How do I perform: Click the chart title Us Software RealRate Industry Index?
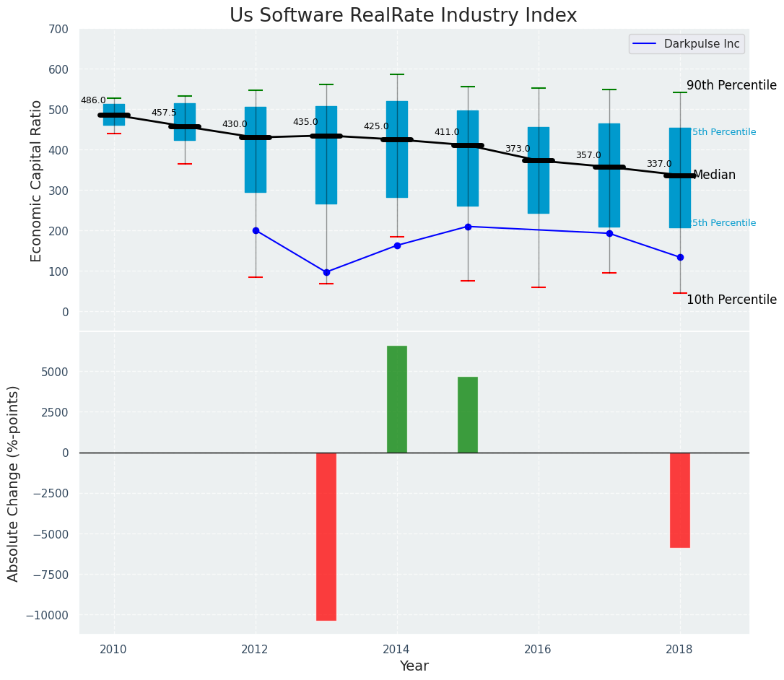(x=403, y=16)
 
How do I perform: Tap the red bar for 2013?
(x=326, y=536)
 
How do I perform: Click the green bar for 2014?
(x=397, y=399)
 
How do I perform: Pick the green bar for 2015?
(x=468, y=415)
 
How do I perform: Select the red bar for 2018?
(x=680, y=500)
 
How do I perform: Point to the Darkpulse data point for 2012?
(x=256, y=230)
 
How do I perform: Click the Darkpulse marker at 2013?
(x=326, y=272)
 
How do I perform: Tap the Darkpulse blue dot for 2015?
(x=468, y=227)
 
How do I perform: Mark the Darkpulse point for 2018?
(x=680, y=257)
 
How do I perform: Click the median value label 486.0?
(x=93, y=101)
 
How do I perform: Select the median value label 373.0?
(x=518, y=149)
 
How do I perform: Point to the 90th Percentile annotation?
(x=731, y=85)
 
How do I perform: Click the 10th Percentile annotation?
(x=731, y=300)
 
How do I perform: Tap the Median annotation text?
(x=714, y=175)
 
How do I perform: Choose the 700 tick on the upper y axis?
(x=58, y=30)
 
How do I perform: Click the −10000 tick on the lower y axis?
(x=47, y=616)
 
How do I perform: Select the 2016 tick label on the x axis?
(x=538, y=649)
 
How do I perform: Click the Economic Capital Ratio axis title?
(x=37, y=180)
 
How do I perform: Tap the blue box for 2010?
(x=114, y=115)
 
